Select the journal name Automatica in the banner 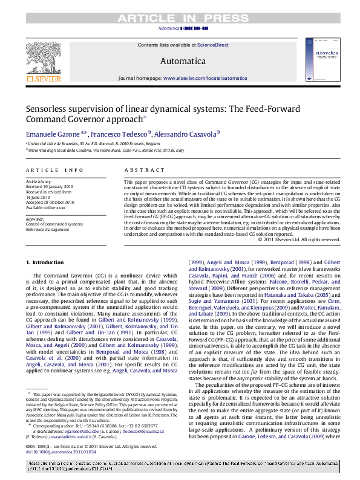[x=183, y=61]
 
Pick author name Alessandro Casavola [x=185, y=134]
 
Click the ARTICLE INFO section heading [x=54, y=171]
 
